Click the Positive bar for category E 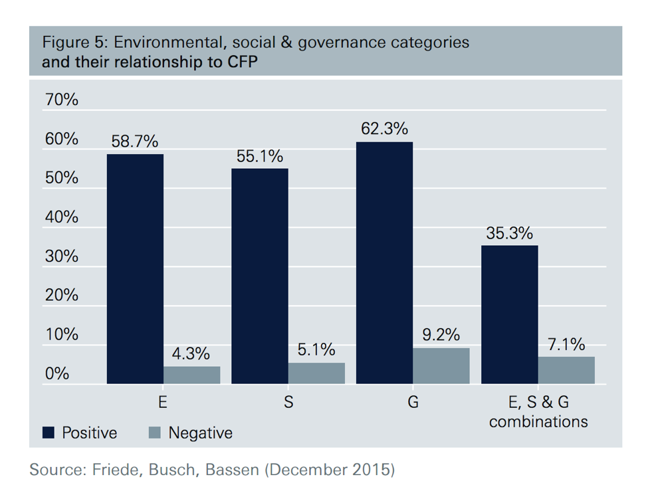coord(135,269)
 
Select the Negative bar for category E coord(192,375)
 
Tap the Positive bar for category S coord(260,276)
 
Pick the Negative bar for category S coord(316,373)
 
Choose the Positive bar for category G coord(384,263)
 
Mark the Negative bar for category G coord(441,366)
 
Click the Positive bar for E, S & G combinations coord(510,315)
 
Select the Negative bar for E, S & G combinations coord(566,370)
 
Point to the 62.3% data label coord(384,128)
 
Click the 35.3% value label coord(510,233)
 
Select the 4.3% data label coord(192,353)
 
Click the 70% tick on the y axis coord(61,100)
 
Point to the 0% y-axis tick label coord(57,373)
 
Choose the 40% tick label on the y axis coord(61,217)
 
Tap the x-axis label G coord(413,403)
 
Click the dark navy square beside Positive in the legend coord(49,433)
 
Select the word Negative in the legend coord(200,433)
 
